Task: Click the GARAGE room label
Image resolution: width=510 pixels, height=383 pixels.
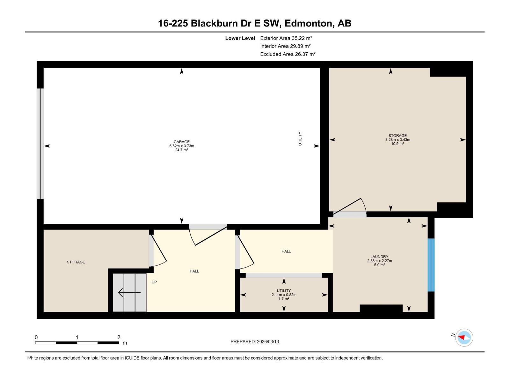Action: (x=181, y=142)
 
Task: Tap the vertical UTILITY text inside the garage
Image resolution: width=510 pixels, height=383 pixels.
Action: (x=300, y=139)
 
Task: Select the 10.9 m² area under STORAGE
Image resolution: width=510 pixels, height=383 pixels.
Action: (x=397, y=144)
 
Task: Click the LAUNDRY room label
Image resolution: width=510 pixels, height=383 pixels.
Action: (x=379, y=257)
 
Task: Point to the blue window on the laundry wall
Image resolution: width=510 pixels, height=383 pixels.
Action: (x=431, y=265)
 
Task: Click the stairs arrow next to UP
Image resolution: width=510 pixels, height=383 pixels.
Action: (x=129, y=292)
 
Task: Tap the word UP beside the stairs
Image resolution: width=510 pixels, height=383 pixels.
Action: (x=154, y=282)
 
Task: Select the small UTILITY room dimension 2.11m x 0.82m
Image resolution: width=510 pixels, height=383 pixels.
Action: (x=284, y=295)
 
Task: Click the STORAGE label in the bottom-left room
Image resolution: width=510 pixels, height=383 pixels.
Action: (x=76, y=262)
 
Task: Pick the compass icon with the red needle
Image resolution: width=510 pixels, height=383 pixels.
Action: (x=464, y=337)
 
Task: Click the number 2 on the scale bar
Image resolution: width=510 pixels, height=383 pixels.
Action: (x=119, y=337)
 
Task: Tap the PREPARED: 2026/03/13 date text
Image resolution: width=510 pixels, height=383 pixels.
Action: (x=255, y=342)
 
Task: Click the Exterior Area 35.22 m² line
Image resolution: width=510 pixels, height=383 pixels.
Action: (x=286, y=38)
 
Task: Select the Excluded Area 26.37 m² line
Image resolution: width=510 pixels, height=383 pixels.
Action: (x=288, y=54)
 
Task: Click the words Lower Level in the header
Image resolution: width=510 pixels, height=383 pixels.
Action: (x=240, y=38)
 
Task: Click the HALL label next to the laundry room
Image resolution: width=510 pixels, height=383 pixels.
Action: (x=286, y=252)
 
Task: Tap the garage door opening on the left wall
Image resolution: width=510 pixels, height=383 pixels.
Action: (x=40, y=144)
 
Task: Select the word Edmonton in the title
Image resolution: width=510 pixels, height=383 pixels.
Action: (x=308, y=23)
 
